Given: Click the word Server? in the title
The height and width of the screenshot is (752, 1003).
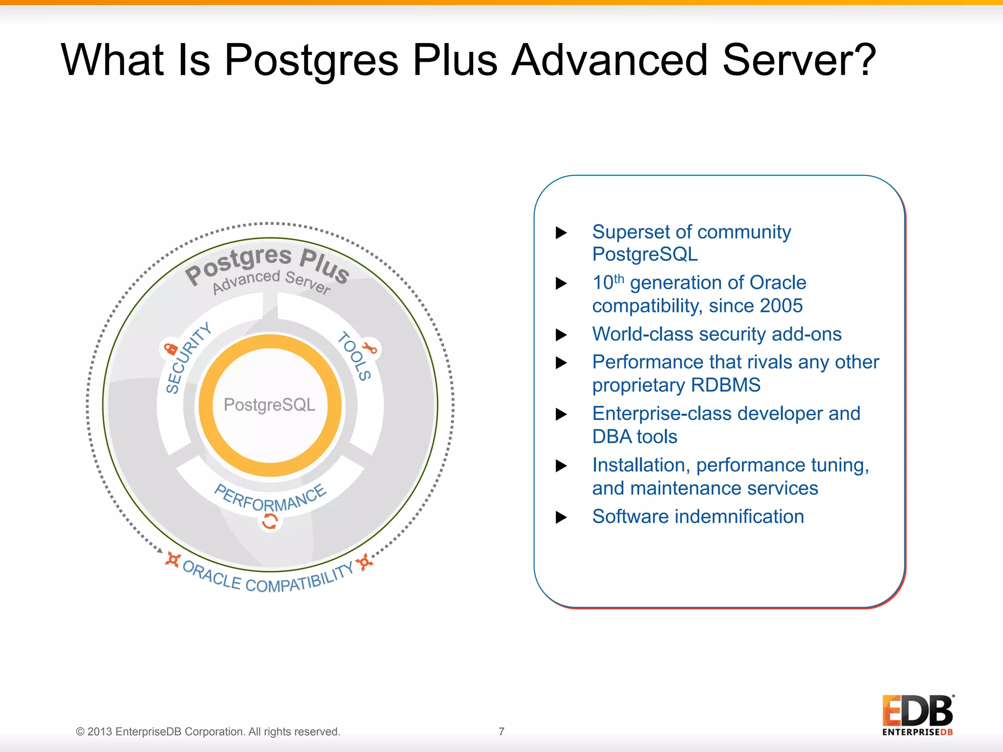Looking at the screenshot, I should [x=799, y=60].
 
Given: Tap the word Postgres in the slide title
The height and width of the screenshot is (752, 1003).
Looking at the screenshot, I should [x=311, y=61].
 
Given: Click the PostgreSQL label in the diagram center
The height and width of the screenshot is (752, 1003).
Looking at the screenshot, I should [x=270, y=405].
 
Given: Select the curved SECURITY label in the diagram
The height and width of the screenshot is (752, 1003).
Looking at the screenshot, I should [x=187, y=358].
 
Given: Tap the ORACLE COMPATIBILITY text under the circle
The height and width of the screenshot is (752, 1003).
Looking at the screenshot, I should [x=267, y=579].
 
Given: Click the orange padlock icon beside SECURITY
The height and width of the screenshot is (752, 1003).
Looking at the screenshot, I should [x=170, y=349].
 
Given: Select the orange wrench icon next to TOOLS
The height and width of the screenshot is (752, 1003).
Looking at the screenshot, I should [x=370, y=348].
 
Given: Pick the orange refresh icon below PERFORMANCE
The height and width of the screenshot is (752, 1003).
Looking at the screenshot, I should [x=270, y=521].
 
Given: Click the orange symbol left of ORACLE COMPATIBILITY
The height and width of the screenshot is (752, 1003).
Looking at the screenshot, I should [x=172, y=560].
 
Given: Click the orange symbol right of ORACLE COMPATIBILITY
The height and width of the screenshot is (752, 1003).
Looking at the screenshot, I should [x=364, y=562].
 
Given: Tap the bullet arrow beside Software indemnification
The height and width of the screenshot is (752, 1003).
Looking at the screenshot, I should [x=561, y=517].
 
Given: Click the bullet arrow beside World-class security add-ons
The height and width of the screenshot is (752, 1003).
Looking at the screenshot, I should [x=561, y=335].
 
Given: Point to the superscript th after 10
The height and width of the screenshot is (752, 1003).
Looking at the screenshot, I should [x=619, y=279].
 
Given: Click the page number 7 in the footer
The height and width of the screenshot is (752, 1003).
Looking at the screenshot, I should [x=501, y=731].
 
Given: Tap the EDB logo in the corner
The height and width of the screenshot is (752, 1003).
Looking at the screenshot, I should [x=918, y=715].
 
